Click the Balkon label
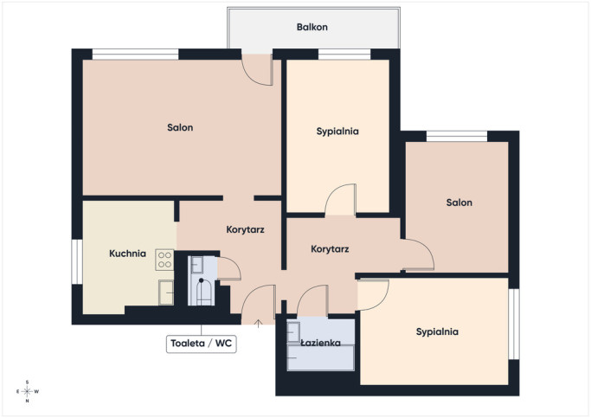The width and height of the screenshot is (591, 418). (312, 27)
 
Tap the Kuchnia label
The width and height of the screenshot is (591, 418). (127, 254)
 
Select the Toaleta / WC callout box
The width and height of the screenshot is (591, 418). (202, 344)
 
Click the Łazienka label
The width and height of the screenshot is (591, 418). (321, 343)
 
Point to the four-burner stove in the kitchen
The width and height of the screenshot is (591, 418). (164, 260)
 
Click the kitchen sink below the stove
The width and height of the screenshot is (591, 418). (166, 293)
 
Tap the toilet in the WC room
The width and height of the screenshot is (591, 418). (203, 292)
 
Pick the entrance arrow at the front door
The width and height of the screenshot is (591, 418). (258, 324)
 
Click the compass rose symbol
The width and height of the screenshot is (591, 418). (28, 392)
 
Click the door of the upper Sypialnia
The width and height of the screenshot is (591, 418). (341, 200)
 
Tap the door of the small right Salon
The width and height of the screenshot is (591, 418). (418, 254)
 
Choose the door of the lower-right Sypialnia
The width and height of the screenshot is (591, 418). (373, 295)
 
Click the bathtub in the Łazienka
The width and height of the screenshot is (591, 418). (321, 357)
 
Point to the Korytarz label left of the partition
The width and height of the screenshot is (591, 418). (245, 229)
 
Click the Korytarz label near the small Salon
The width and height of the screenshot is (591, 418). (330, 249)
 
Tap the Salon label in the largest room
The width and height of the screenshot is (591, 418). (180, 127)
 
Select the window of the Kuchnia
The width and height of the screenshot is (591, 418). (77, 261)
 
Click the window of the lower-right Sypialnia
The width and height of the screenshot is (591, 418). (514, 325)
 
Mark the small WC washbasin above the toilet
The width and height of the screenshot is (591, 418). (197, 265)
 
